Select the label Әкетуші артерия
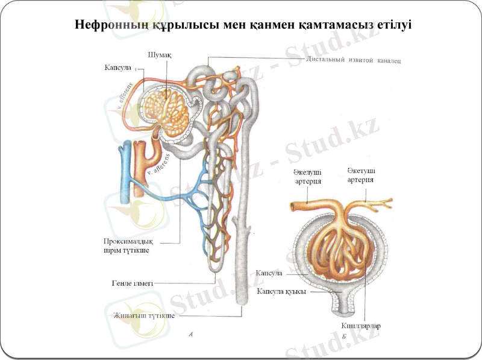360,175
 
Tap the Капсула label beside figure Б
269,273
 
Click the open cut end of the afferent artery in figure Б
293,207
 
